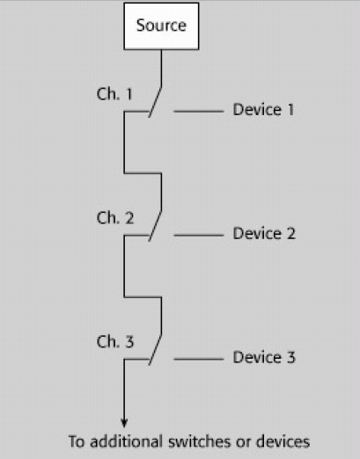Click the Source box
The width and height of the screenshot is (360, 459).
click(x=161, y=26)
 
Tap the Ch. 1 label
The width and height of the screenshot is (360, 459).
click(x=114, y=94)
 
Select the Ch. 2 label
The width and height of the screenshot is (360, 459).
click(x=115, y=218)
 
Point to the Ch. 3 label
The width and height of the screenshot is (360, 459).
click(x=115, y=342)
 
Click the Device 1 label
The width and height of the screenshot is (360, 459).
click(x=263, y=110)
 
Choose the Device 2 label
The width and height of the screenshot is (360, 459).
click(x=264, y=234)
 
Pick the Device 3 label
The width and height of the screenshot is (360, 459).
click(x=264, y=357)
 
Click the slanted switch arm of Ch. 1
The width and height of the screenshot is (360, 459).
click(x=155, y=102)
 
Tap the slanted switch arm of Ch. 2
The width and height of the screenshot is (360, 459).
click(x=155, y=226)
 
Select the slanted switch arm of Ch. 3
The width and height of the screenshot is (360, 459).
click(x=155, y=350)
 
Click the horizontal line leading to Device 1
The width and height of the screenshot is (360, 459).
click(x=199, y=112)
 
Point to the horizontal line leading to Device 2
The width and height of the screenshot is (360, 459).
click(x=199, y=235)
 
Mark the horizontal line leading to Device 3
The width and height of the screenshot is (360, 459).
click(x=199, y=359)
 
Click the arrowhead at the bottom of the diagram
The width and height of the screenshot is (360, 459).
click(x=124, y=423)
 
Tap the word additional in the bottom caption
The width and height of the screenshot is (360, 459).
click(x=126, y=441)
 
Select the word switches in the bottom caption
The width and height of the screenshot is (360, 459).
click(x=200, y=442)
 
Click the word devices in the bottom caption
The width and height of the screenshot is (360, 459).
click(x=283, y=441)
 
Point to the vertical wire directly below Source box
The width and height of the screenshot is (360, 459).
click(x=161, y=68)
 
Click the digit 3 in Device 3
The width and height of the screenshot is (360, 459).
click(x=291, y=357)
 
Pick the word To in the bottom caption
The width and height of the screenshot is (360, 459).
click(x=77, y=441)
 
